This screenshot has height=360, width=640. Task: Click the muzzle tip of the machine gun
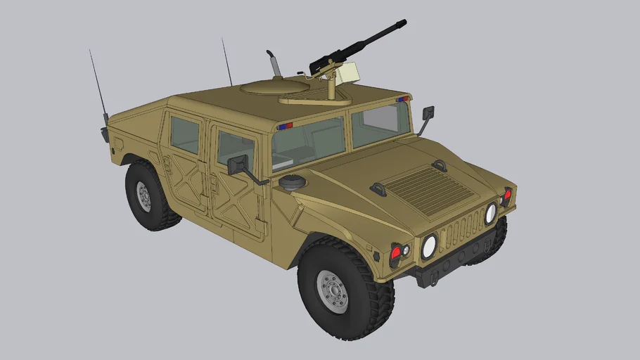pyautogui.click(x=403, y=24)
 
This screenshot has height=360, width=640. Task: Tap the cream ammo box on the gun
pyautogui.click(x=347, y=72)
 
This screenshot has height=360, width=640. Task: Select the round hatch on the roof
pyautogui.click(x=275, y=87)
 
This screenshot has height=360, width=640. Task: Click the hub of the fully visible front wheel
pyautogui.click(x=333, y=290)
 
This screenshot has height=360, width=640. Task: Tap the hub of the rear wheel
pyautogui.click(x=144, y=197)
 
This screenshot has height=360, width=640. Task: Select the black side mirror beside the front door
pyautogui.click(x=237, y=165)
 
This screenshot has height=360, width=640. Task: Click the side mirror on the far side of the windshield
pyautogui.click(x=428, y=112)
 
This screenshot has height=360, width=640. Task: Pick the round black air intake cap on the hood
pyautogui.click(x=293, y=181)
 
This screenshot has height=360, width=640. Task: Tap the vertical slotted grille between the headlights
pyautogui.click(x=461, y=228)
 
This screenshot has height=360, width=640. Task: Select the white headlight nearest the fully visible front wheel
pyautogui.click(x=428, y=246)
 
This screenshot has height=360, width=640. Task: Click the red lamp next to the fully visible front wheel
pyautogui.click(x=396, y=252)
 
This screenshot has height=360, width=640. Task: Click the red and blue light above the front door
pyautogui.click(x=285, y=127)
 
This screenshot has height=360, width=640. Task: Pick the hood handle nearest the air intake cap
pyautogui.click(x=378, y=188)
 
